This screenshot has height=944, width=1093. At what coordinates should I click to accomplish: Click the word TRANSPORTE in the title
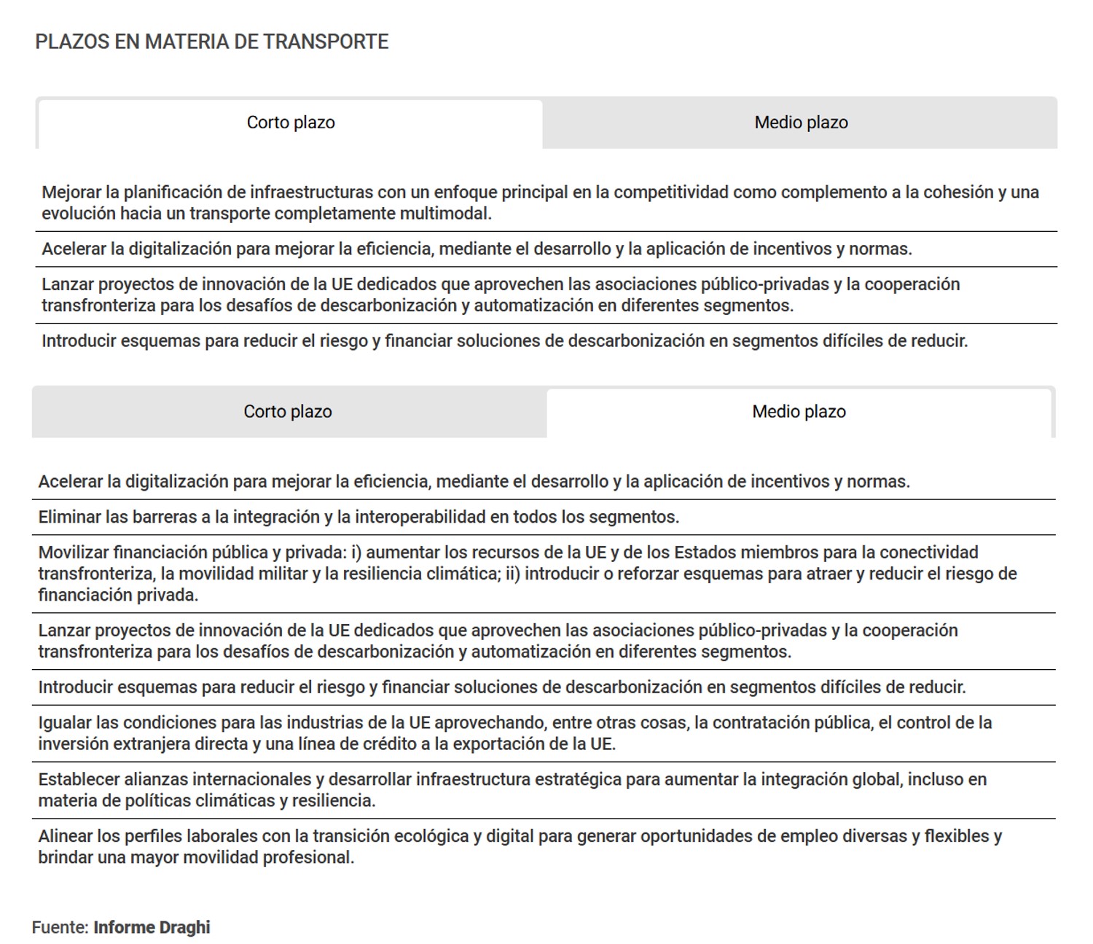[326, 42]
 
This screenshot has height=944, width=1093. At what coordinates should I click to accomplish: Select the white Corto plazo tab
[291, 122]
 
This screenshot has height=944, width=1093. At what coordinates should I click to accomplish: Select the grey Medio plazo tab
[801, 122]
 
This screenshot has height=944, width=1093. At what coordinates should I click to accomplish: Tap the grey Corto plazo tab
[288, 412]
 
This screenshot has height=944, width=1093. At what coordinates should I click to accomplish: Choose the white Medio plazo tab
[799, 412]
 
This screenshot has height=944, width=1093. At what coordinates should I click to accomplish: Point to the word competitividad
[670, 192]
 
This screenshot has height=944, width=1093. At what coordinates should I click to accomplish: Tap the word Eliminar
[69, 518]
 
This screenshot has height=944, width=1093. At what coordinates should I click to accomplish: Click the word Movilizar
[73, 553]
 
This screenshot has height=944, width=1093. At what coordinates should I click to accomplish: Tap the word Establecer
[79, 780]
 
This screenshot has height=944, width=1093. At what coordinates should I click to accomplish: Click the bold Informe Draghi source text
[152, 928]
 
